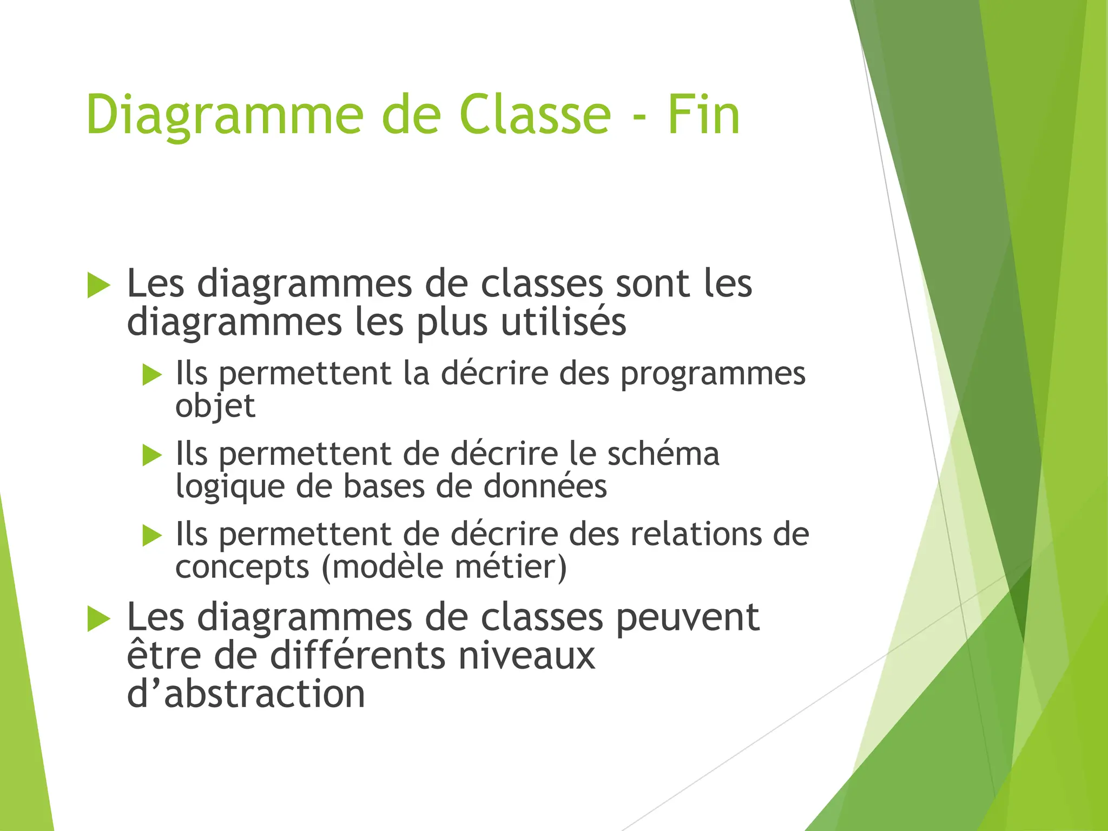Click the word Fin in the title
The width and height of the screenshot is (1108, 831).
703,115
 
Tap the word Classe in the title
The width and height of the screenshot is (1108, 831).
535,115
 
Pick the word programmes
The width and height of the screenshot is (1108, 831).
713,375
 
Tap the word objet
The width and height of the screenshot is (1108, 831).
215,407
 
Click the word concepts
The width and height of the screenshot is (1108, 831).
242,568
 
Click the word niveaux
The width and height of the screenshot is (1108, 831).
526,656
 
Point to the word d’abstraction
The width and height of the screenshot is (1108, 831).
246,694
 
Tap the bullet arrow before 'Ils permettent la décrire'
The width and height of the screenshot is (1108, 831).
152,374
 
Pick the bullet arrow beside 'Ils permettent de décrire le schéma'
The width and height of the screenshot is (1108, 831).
152,455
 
